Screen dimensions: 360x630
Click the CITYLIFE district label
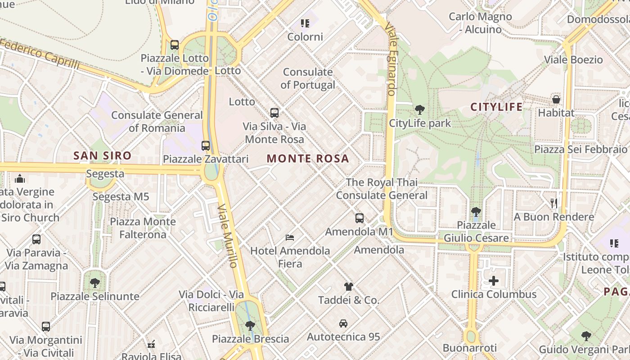tap(496, 107)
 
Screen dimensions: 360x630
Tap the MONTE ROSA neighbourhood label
tap(308, 159)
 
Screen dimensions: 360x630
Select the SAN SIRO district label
tap(103, 156)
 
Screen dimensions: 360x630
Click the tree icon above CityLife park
tap(419, 109)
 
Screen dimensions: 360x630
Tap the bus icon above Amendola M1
tap(359, 218)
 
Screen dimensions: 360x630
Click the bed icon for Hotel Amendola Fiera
tap(290, 237)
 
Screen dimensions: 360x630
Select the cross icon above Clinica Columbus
tap(494, 281)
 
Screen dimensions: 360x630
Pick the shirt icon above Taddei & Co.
tap(348, 286)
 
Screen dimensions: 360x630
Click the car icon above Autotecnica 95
tap(343, 323)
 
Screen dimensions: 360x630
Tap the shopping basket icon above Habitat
tap(556, 99)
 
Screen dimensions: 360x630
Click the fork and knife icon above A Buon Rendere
tap(554, 203)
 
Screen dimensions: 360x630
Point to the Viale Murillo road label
tap(228, 235)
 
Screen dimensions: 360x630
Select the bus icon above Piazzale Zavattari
tap(206, 145)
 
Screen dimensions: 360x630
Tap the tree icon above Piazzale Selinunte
tap(94, 283)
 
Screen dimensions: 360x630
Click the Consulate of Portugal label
tap(308, 78)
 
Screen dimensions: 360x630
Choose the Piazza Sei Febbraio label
tap(580, 149)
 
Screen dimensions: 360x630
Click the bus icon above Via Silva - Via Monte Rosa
tap(274, 112)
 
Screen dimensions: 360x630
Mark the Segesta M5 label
tap(121, 197)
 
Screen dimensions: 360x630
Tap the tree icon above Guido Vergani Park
tap(586, 336)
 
